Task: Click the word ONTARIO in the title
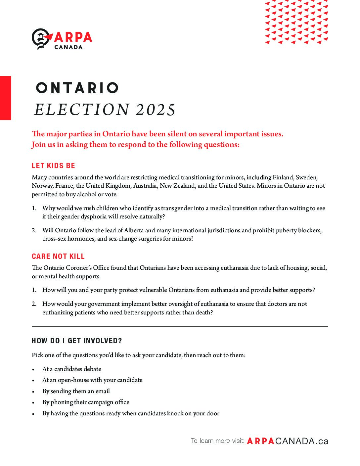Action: click(77, 88)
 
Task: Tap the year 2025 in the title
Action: click(156, 110)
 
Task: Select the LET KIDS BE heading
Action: click(54, 165)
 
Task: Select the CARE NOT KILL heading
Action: click(58, 256)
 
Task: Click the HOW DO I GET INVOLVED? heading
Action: click(77, 341)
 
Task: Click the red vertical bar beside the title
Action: click(5, 98)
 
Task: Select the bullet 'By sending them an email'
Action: click(76, 391)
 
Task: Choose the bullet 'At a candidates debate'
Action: click(72, 369)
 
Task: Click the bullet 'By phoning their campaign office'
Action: click(86, 402)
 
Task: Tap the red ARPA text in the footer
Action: click(261, 441)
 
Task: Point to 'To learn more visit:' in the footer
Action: click(217, 441)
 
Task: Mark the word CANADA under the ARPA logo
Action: click(68, 47)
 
